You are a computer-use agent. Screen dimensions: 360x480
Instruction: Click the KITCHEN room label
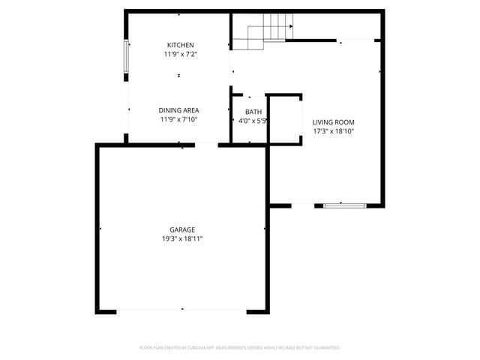pos(180,45)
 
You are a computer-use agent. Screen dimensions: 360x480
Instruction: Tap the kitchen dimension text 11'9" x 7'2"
pos(180,54)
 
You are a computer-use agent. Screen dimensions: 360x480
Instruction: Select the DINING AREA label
pos(179,110)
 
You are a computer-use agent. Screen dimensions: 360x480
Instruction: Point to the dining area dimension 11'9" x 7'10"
pos(179,119)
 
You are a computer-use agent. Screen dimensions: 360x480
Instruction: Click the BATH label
pos(249,112)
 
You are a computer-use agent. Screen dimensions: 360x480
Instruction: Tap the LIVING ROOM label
pos(333,122)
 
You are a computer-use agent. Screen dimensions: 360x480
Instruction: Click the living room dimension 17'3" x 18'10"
pos(333,131)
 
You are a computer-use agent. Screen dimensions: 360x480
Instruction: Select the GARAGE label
pos(181,229)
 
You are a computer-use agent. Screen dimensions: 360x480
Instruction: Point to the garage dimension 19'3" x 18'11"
pos(182,238)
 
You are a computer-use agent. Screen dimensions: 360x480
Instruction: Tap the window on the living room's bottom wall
pos(345,205)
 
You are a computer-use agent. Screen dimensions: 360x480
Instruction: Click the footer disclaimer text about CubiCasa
pos(240,348)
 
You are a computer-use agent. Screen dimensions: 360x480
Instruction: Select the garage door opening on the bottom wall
pos(182,310)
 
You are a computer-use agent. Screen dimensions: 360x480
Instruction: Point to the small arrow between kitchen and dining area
pos(178,75)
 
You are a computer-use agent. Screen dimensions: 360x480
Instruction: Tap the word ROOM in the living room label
pos(344,122)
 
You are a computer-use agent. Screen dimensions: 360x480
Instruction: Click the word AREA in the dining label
pos(191,110)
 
